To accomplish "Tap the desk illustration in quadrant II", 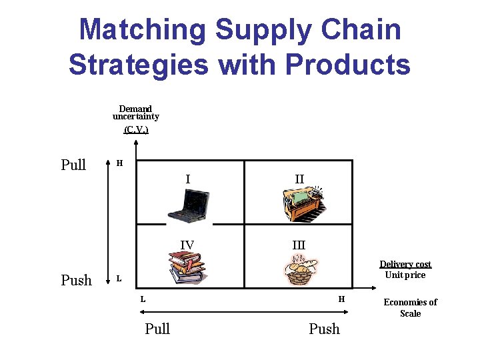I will click(303, 203).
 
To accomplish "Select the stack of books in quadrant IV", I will click(187, 267).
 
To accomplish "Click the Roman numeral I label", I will click(188, 178).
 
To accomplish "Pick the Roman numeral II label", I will click(299, 179).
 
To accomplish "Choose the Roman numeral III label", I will click(299, 245).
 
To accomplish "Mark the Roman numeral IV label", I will click(187, 245).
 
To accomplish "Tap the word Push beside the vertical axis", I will click(76, 280).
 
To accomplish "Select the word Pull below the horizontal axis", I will click(157, 329).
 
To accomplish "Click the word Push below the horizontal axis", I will click(324, 329).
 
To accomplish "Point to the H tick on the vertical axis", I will click(119, 163).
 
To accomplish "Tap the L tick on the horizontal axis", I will click(143, 299).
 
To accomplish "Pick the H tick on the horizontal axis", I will click(341, 299).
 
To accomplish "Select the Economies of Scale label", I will click(410, 307).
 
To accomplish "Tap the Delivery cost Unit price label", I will click(405, 269).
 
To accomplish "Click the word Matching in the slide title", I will click(143, 30).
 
